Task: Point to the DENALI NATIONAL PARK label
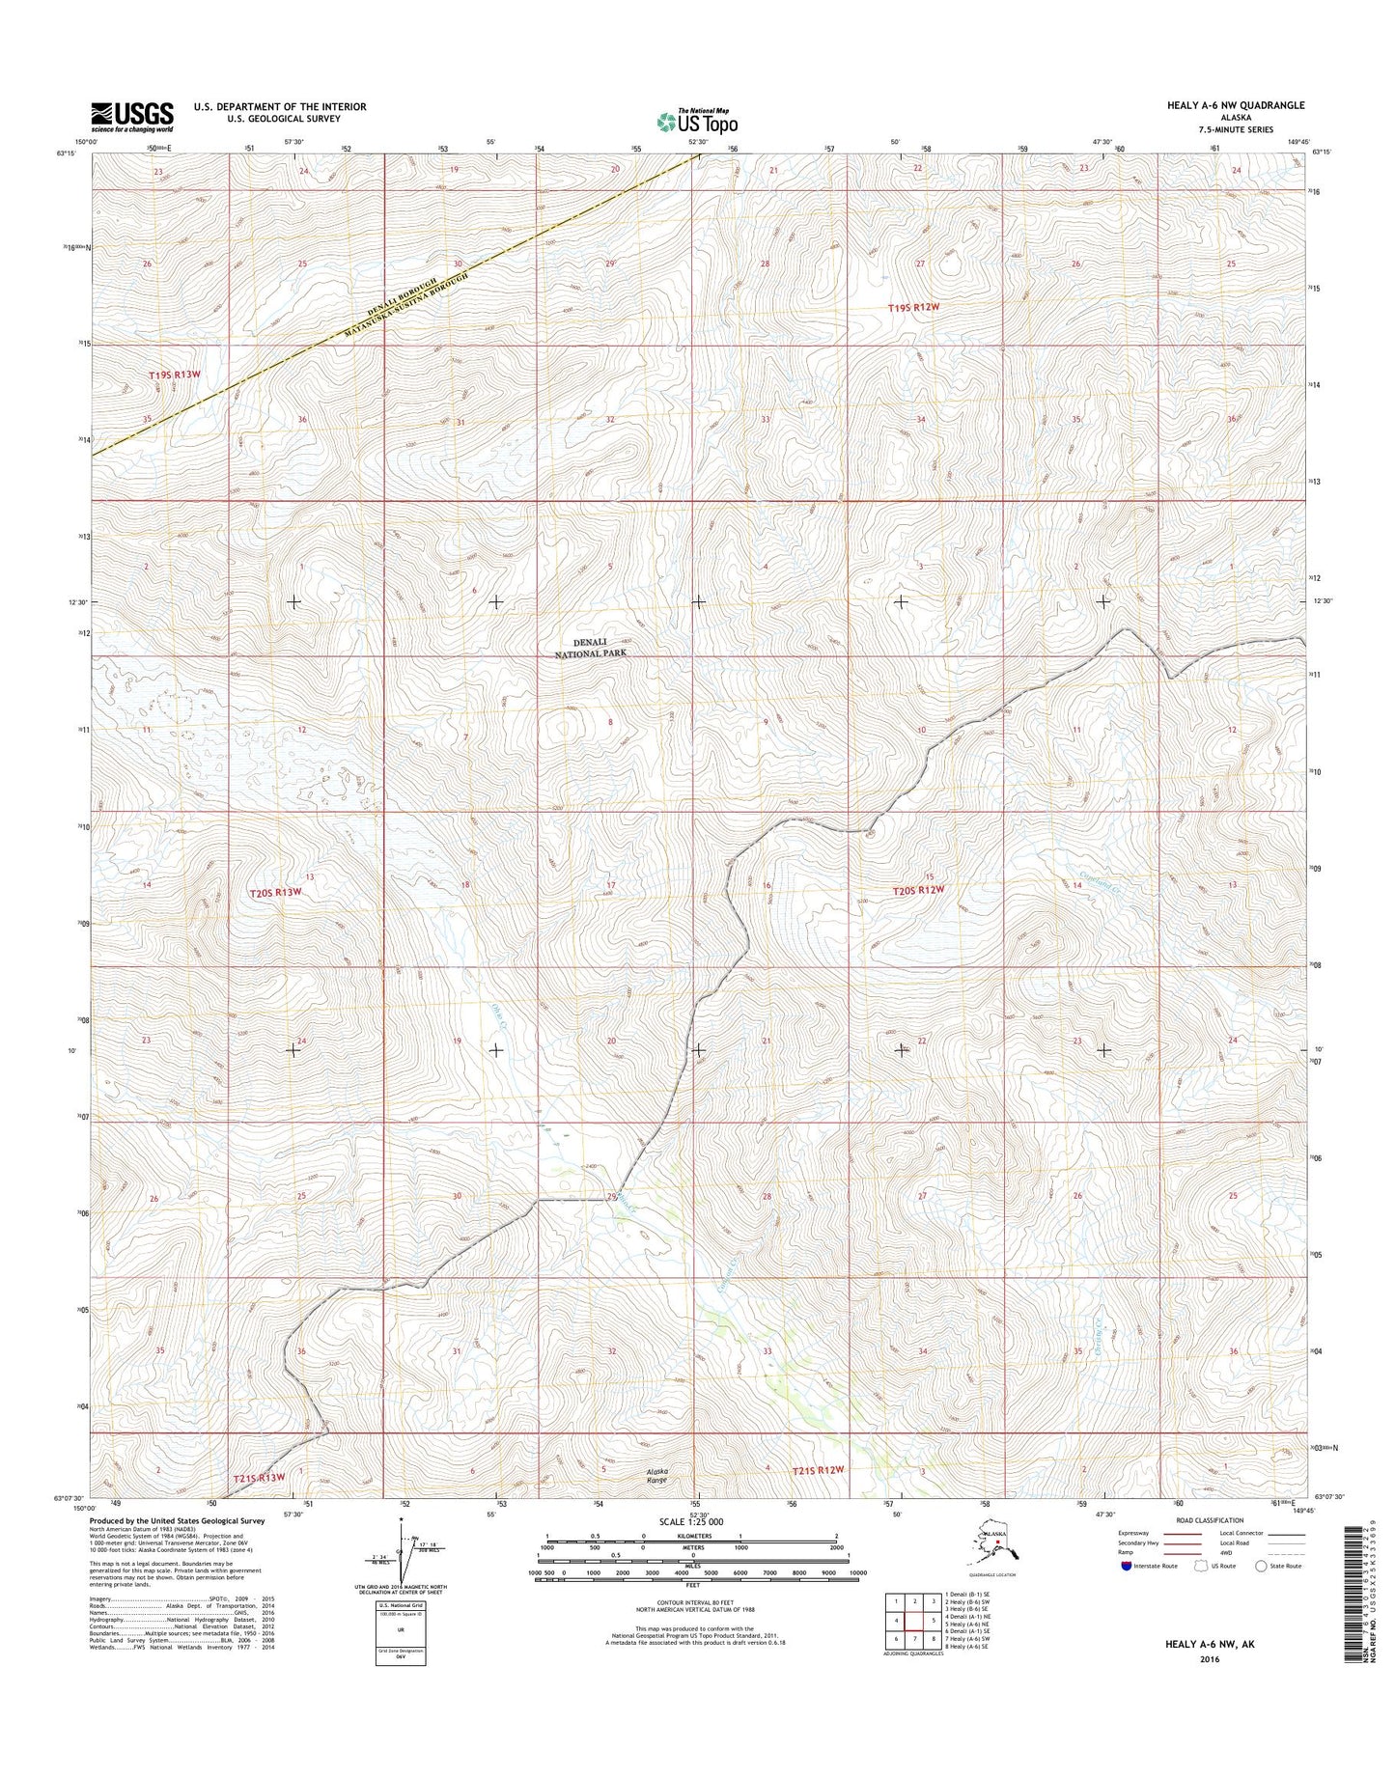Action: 600,647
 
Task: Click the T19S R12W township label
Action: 919,308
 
